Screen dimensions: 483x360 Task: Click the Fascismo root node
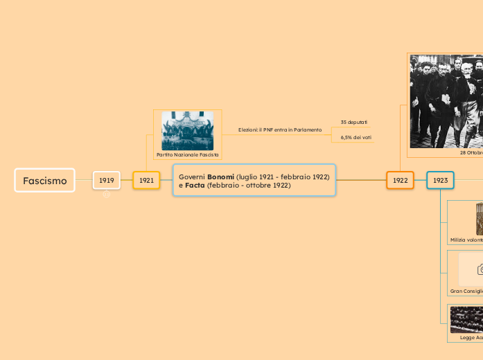coord(44,181)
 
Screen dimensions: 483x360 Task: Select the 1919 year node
coord(107,180)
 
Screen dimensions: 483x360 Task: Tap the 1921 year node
coord(146,180)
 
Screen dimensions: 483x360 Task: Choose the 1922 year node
coord(400,180)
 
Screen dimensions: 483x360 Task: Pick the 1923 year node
coord(440,180)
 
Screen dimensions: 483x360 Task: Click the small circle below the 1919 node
coord(107,195)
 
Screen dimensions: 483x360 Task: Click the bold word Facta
coord(195,186)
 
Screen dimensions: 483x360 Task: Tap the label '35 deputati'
coord(353,123)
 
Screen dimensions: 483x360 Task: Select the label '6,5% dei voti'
coord(356,138)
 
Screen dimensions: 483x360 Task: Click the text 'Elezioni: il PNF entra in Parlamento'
coord(280,130)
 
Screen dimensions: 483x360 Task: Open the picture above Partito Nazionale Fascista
coord(187,131)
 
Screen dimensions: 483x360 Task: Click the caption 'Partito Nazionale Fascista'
coord(187,155)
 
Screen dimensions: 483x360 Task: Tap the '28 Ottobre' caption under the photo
coord(471,152)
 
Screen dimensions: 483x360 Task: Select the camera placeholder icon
coord(480,269)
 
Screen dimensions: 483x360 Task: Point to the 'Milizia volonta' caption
coord(466,240)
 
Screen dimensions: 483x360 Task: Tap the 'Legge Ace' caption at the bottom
coord(471,337)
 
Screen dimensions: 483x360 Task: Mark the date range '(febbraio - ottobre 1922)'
coord(248,186)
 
